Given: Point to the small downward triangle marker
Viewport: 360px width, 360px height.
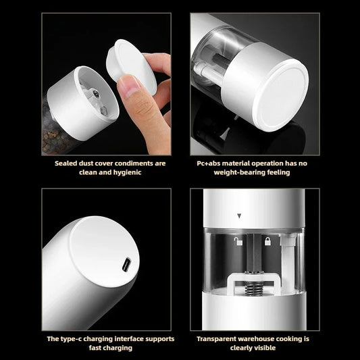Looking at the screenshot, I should [x=238, y=217].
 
